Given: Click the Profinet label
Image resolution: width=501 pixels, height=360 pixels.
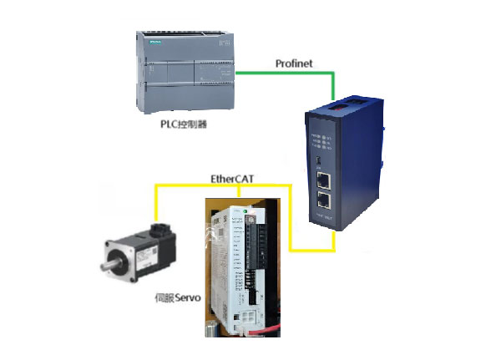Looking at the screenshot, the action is [296, 63].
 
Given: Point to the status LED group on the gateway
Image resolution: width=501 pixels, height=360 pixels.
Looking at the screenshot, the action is [321, 139].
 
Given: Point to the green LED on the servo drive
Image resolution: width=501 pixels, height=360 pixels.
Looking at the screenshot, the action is [236, 212].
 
